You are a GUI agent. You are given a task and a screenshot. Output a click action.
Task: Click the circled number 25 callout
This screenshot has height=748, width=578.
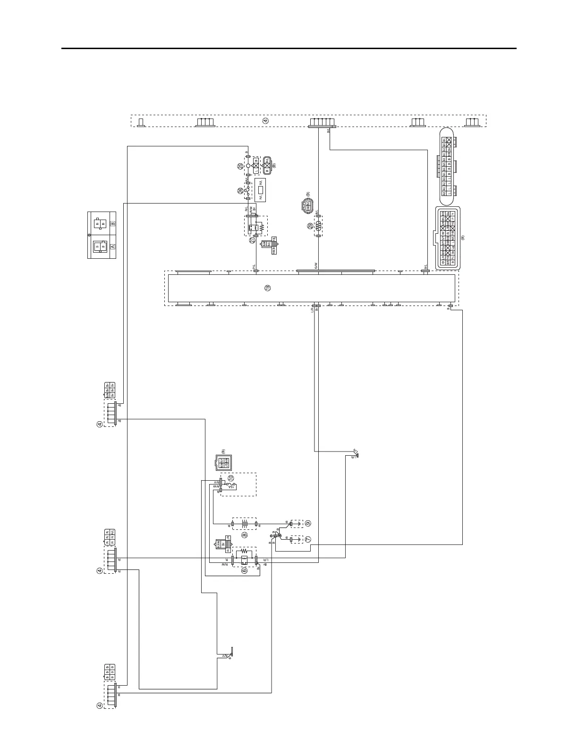tap(240, 166)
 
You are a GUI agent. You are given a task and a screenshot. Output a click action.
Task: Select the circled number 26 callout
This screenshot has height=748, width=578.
tap(240, 191)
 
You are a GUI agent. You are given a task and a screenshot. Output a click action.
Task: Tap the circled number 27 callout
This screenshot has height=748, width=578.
tap(253, 240)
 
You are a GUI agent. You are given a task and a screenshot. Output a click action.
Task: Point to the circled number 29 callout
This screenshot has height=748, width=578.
tap(310, 227)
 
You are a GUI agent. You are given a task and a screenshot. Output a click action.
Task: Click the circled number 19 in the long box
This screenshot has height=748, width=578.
tap(268, 288)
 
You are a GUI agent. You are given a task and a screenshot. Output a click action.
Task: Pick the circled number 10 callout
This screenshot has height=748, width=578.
tap(231, 478)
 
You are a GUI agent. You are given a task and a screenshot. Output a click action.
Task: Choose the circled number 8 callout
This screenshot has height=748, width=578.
tap(245, 535)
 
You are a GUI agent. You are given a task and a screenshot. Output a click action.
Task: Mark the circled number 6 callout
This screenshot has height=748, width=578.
tap(245, 570)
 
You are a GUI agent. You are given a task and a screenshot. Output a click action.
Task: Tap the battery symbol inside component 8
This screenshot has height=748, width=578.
tap(245, 524)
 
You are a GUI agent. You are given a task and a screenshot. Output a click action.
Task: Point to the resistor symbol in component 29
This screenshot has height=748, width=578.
tap(318, 227)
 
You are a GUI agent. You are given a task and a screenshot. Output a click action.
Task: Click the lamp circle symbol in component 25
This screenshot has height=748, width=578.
tap(247, 166)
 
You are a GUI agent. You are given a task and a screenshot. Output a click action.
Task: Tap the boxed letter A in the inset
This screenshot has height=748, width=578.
tap(112, 246)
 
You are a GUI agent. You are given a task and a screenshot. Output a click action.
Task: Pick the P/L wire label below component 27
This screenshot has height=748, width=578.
tap(254, 267)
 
